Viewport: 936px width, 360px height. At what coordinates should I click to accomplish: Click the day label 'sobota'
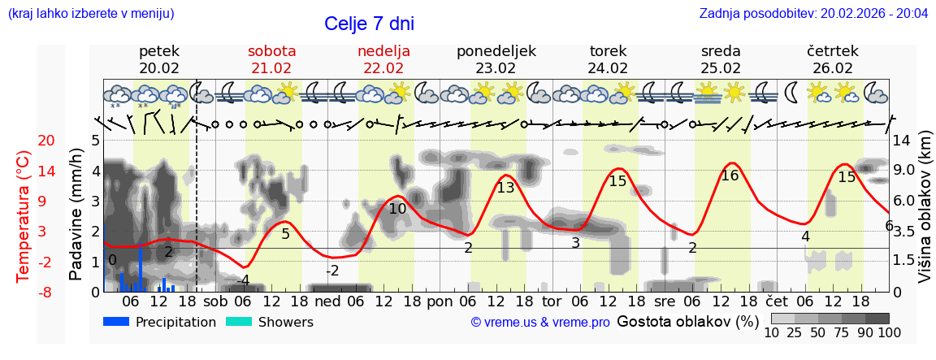coord(271,51)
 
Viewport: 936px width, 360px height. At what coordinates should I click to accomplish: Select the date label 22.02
coord(383,68)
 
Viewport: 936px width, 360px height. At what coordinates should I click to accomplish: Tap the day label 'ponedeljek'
coord(496,51)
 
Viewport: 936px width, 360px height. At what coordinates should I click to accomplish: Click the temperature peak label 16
coord(730,176)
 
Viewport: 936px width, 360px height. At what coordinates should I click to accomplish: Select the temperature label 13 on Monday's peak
coord(505,188)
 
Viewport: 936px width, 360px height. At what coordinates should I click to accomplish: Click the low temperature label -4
coord(242,280)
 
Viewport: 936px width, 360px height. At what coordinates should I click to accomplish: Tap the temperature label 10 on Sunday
coord(397,209)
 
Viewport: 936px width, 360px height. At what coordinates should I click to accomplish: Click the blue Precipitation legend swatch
coord(117,322)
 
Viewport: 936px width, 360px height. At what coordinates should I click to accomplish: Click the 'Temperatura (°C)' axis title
coord(24,216)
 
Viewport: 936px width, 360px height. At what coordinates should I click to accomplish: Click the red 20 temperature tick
coord(24,141)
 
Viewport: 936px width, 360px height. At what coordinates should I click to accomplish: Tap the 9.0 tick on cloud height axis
coord(904,171)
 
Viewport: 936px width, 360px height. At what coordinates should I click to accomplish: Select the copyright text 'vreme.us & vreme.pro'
coord(540,323)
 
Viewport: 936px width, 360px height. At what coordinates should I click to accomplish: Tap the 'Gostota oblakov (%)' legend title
coord(687,321)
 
